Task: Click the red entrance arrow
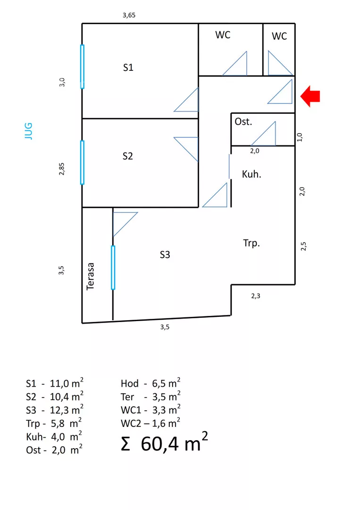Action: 310,96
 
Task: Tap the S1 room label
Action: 128,68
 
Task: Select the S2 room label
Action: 127,156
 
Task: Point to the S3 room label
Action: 165,255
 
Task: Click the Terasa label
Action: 91,276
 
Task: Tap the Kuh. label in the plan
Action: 251,174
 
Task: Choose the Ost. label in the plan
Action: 243,122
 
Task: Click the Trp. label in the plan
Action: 251,244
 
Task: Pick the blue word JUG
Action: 28,131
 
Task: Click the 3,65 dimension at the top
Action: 129,15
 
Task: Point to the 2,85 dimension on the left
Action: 62,169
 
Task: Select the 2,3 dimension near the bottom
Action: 256,296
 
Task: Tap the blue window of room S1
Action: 83,67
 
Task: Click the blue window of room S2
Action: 83,162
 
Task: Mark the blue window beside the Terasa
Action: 113,267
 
